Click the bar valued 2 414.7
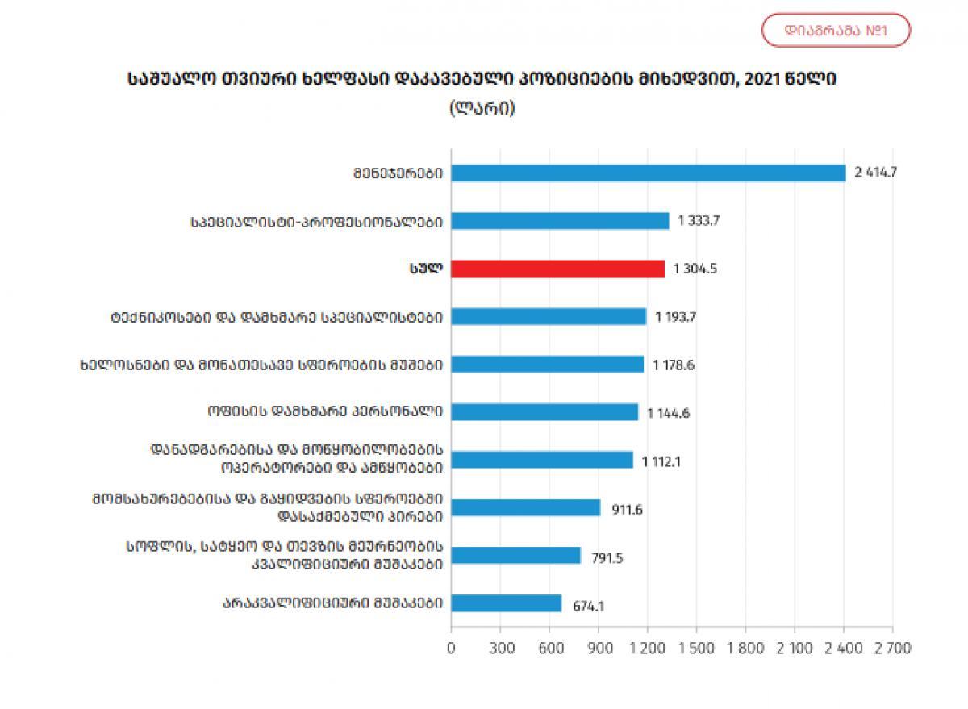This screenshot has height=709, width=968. coord(648,173)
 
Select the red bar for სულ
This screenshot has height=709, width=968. coord(557,269)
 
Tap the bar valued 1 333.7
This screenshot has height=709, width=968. coord(560,221)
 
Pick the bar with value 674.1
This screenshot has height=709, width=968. coord(506,603)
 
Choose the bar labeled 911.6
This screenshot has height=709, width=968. coord(525,507)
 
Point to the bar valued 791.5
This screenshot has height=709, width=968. coord(515,555)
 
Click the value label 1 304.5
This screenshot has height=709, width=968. coord(695,269)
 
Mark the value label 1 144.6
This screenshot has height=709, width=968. coord(668,413)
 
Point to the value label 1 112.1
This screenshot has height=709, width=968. coord(664,461)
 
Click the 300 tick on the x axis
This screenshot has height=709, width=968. coord(500,649)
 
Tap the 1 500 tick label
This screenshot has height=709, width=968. coord(696,649)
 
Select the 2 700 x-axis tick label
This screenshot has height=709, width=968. coord(891,649)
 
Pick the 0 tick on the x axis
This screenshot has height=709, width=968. coord(451,649)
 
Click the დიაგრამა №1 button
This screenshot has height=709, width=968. coord(836,31)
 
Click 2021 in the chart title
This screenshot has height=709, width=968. coord(769,80)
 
